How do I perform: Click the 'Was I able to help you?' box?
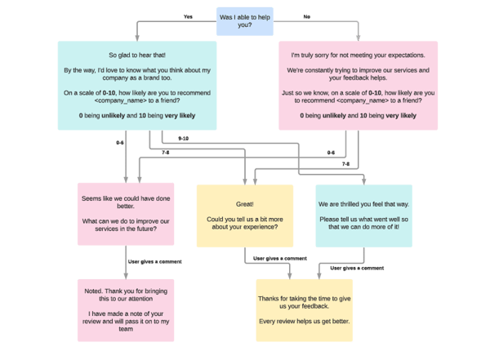tap(245, 21)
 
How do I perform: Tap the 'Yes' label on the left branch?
tap(188, 16)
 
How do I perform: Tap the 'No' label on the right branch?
tap(306, 16)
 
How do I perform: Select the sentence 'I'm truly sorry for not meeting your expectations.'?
tap(358, 55)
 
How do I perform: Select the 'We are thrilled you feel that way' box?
tap(363, 216)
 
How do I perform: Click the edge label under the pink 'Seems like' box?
tap(148, 261)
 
